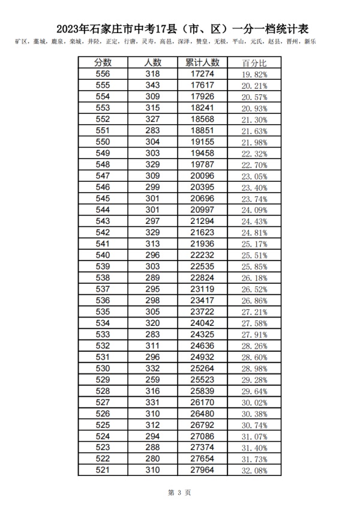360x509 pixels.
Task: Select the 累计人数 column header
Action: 203,63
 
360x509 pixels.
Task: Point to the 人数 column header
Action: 153,63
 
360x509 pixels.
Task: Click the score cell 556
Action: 103,74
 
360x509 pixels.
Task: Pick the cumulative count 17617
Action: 203,85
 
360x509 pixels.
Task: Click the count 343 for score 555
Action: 153,85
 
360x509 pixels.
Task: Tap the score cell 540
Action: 103,254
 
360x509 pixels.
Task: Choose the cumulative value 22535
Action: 203,266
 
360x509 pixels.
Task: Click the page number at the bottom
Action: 179,493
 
